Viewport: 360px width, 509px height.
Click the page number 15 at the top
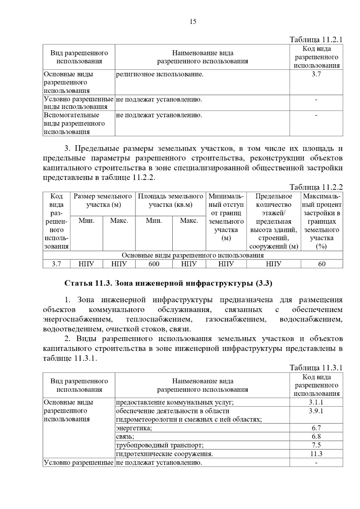[x=193, y=22]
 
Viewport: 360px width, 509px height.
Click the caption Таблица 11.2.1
[x=316, y=40]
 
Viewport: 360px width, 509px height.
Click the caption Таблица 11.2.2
[x=316, y=187]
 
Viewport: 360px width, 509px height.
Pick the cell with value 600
[x=154, y=264]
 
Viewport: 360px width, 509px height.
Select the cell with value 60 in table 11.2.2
[x=322, y=264]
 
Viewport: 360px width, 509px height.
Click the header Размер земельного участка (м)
[x=103, y=201]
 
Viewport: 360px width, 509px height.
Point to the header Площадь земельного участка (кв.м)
[x=170, y=201]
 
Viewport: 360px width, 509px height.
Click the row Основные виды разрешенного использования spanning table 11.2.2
[x=193, y=255]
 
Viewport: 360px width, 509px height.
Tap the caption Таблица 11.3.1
[x=316, y=368]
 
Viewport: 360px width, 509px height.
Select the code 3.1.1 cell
[x=316, y=402]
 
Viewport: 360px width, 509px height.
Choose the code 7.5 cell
[x=316, y=445]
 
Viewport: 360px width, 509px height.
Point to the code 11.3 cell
[x=316, y=454]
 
